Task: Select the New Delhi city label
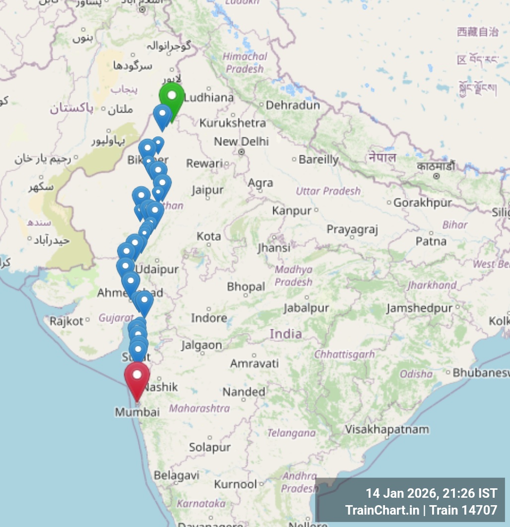click(241, 141)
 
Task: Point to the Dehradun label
click(293, 105)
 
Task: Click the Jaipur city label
click(207, 190)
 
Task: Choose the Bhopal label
click(246, 287)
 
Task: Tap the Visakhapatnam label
click(387, 429)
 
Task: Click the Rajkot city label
click(66, 321)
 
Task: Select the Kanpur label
click(292, 211)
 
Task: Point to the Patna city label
click(431, 242)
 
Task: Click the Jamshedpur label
click(419, 308)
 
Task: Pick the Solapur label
click(209, 448)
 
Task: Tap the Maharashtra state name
click(199, 409)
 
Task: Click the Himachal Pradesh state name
click(245, 63)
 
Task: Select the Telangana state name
click(291, 433)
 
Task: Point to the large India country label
click(286, 333)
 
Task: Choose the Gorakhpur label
click(422, 202)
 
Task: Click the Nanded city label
click(244, 392)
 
